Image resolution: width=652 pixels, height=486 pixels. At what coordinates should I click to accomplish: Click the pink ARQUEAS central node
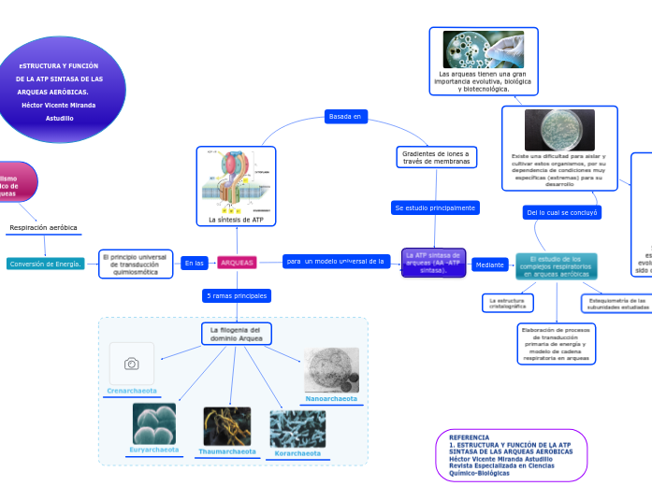237,263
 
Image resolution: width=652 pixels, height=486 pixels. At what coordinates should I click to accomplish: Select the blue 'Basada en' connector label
345,117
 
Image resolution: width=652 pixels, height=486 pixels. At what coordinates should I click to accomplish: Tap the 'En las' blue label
194,263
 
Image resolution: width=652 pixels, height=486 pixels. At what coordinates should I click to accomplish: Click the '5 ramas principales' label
237,295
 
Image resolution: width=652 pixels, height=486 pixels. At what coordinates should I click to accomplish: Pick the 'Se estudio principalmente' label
435,207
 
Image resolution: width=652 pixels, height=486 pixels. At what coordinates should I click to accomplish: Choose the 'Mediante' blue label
490,264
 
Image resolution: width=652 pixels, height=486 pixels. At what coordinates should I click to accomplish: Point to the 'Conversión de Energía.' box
45,264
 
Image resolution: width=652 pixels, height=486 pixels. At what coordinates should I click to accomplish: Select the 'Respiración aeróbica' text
43,227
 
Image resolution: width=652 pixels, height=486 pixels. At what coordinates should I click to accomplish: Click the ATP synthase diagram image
236,181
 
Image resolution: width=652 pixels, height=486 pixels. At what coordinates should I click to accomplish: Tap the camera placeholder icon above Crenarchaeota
131,363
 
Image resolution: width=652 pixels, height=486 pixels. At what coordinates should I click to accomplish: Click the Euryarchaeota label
154,450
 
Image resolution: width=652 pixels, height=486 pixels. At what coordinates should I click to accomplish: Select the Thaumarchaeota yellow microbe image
227,425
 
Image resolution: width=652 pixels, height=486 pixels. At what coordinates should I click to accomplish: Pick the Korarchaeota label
297,453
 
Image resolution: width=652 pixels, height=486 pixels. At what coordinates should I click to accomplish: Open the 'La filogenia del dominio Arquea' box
237,335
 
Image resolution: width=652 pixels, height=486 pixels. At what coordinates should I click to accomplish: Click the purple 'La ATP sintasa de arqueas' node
433,263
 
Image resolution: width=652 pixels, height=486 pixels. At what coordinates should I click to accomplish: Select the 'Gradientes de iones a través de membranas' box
435,157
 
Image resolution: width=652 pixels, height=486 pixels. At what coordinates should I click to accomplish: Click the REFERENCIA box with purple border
511,454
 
